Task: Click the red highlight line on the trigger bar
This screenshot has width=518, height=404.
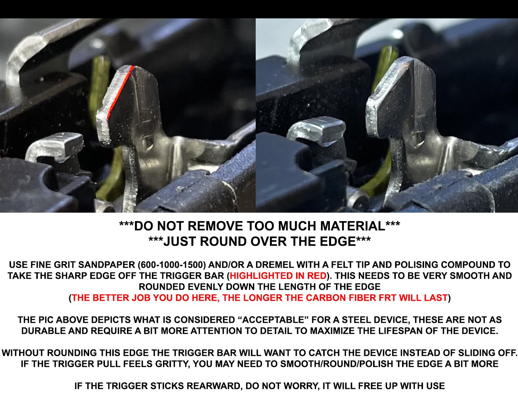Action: click(x=120, y=93)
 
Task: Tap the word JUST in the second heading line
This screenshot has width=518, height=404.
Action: click(x=181, y=241)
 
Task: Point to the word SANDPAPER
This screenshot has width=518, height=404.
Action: click(x=107, y=265)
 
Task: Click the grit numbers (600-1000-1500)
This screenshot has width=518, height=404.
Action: click(x=172, y=265)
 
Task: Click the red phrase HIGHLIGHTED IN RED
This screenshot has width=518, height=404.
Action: click(x=278, y=276)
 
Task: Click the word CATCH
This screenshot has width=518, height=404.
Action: click(x=325, y=353)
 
